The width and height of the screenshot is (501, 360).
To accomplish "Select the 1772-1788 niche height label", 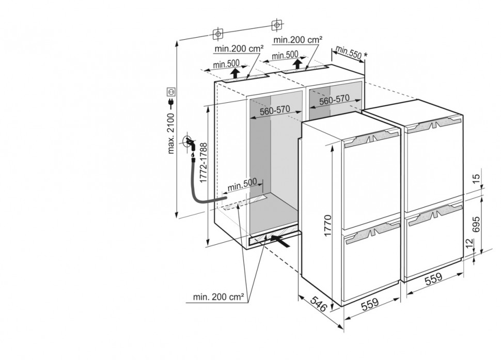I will [x=205, y=164].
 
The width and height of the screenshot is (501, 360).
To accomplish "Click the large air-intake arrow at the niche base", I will [x=278, y=239].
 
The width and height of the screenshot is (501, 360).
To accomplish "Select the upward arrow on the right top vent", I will [x=298, y=64].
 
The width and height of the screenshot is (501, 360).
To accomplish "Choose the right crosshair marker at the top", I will [x=277, y=24].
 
